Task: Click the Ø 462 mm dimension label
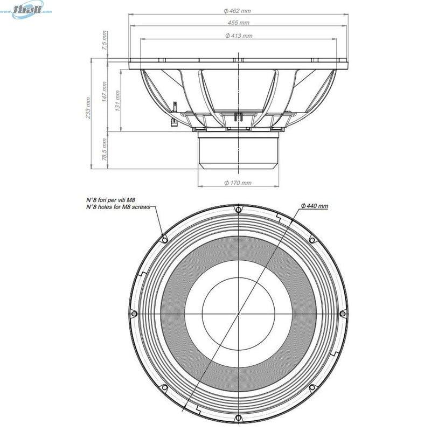tap(238, 11)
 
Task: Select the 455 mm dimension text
tap(238, 23)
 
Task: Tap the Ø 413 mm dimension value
tap(238, 36)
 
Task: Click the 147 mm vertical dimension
tap(105, 92)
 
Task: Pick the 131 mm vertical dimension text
tap(117, 99)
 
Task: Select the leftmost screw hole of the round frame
tap(134, 314)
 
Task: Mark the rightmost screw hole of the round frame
tap(342, 313)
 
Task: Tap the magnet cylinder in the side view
tap(238, 152)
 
